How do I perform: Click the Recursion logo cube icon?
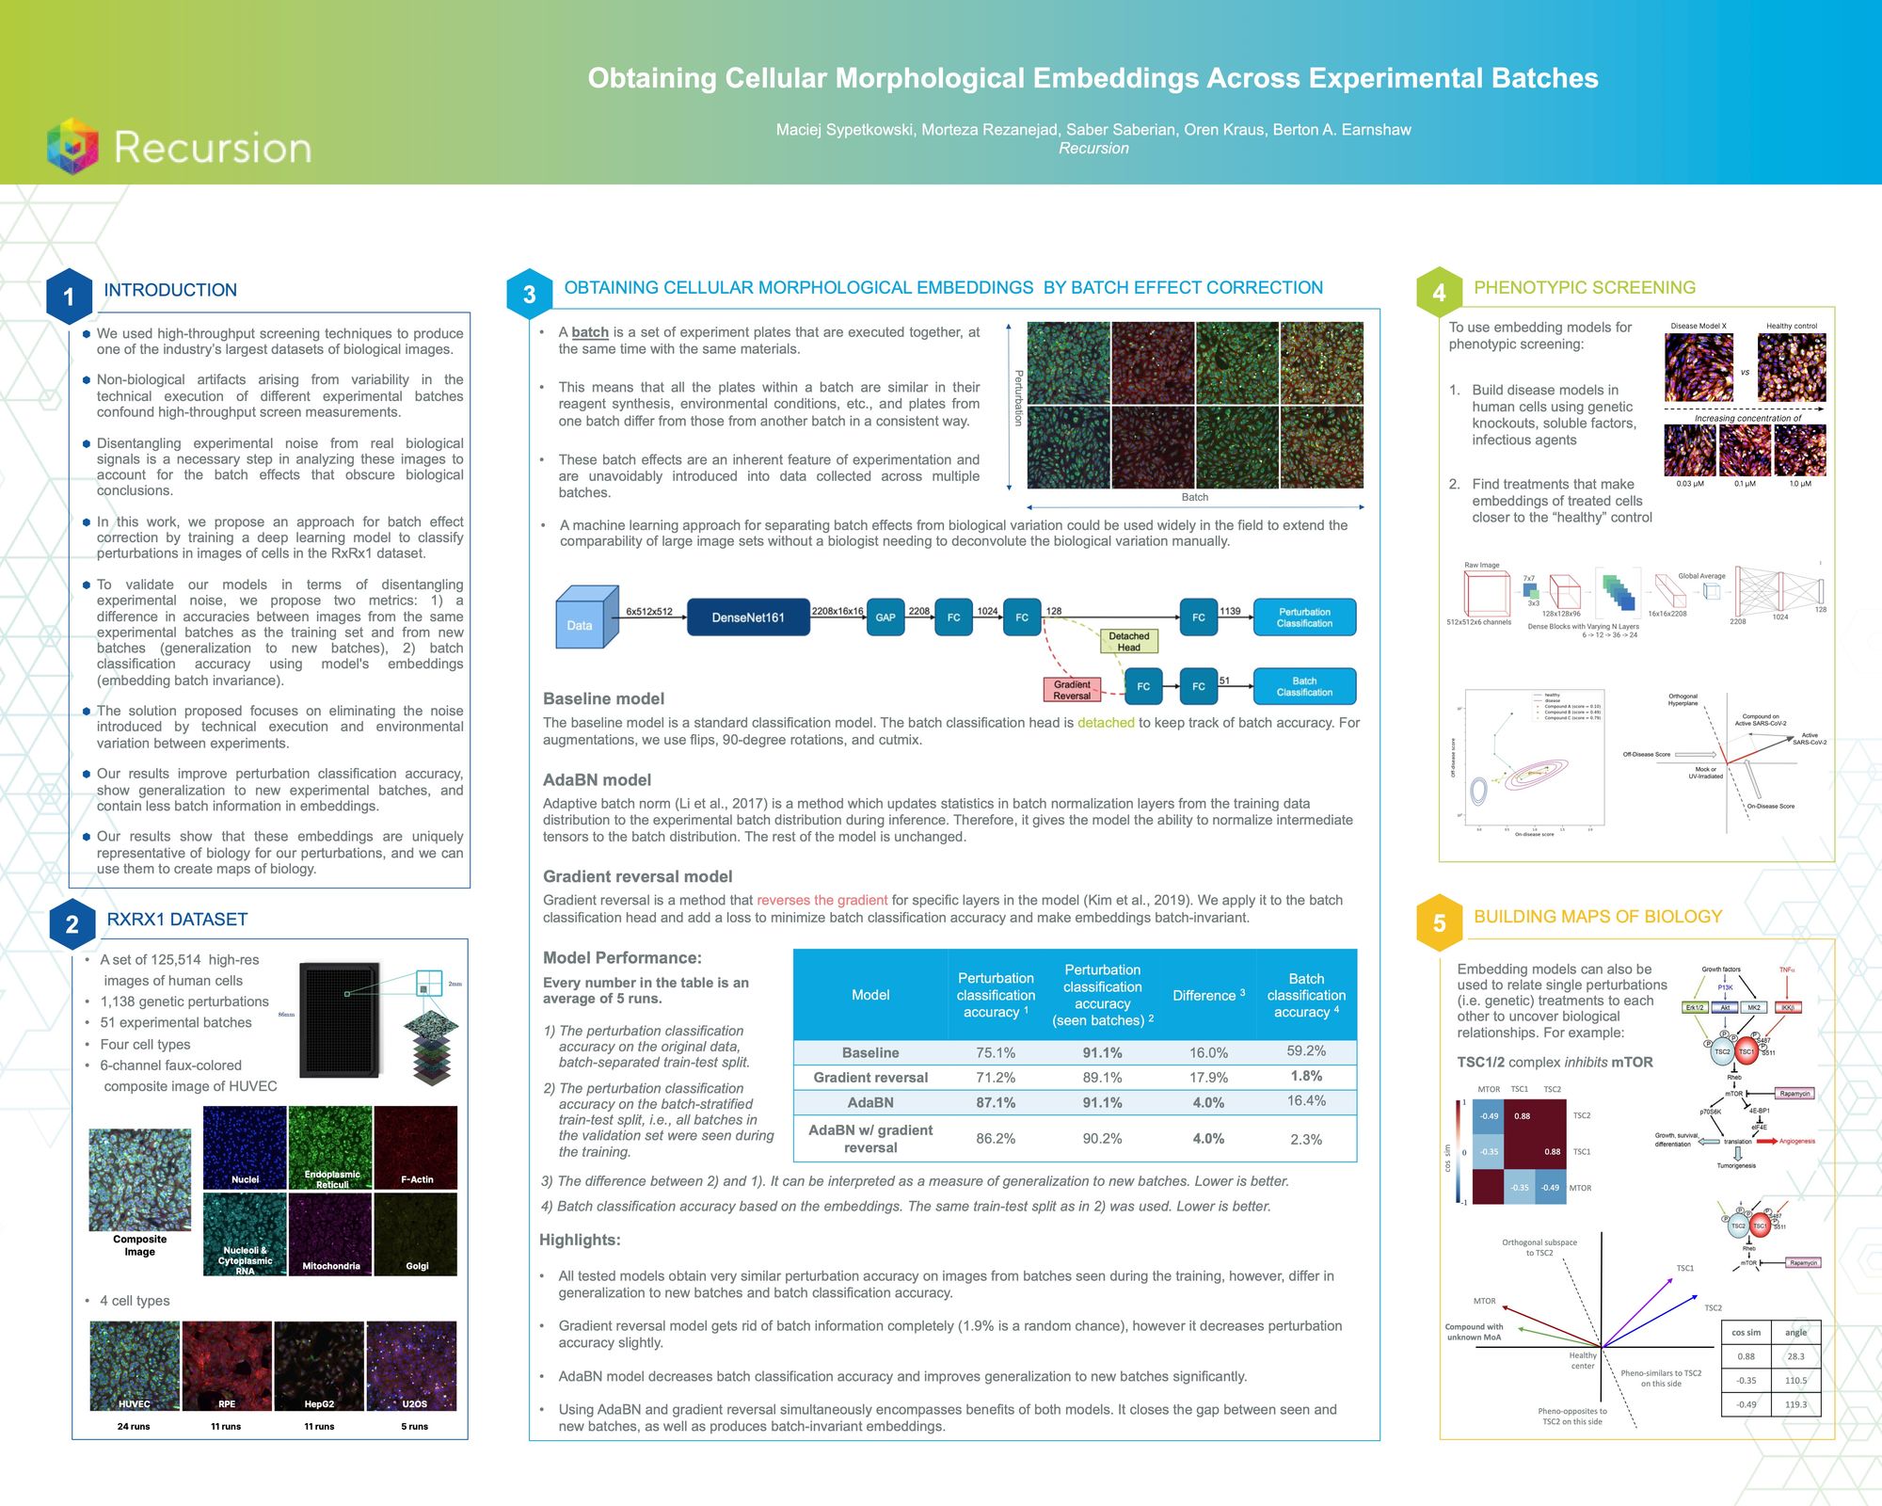[x=73, y=146]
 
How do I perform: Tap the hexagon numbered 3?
[x=529, y=295]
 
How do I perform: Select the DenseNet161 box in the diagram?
[x=748, y=617]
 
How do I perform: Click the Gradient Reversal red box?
[x=1072, y=690]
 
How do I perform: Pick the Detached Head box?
[x=1129, y=642]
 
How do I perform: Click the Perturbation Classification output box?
[x=1304, y=617]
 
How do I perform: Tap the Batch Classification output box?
[x=1304, y=686]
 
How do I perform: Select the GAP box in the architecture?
[x=885, y=617]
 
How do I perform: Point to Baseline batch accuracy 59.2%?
[x=1306, y=1050]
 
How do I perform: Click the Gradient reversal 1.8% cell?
[x=1306, y=1076]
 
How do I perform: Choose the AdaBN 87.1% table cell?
[x=996, y=1102]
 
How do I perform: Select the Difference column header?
[x=1208, y=995]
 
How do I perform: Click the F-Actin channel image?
[x=416, y=1146]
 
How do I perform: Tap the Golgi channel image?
[x=416, y=1234]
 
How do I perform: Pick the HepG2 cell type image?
[x=319, y=1365]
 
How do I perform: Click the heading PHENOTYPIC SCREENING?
[x=1585, y=288]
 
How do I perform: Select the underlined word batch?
[x=590, y=332]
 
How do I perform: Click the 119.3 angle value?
[x=1795, y=1404]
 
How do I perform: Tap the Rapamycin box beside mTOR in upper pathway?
[x=1794, y=1094]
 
